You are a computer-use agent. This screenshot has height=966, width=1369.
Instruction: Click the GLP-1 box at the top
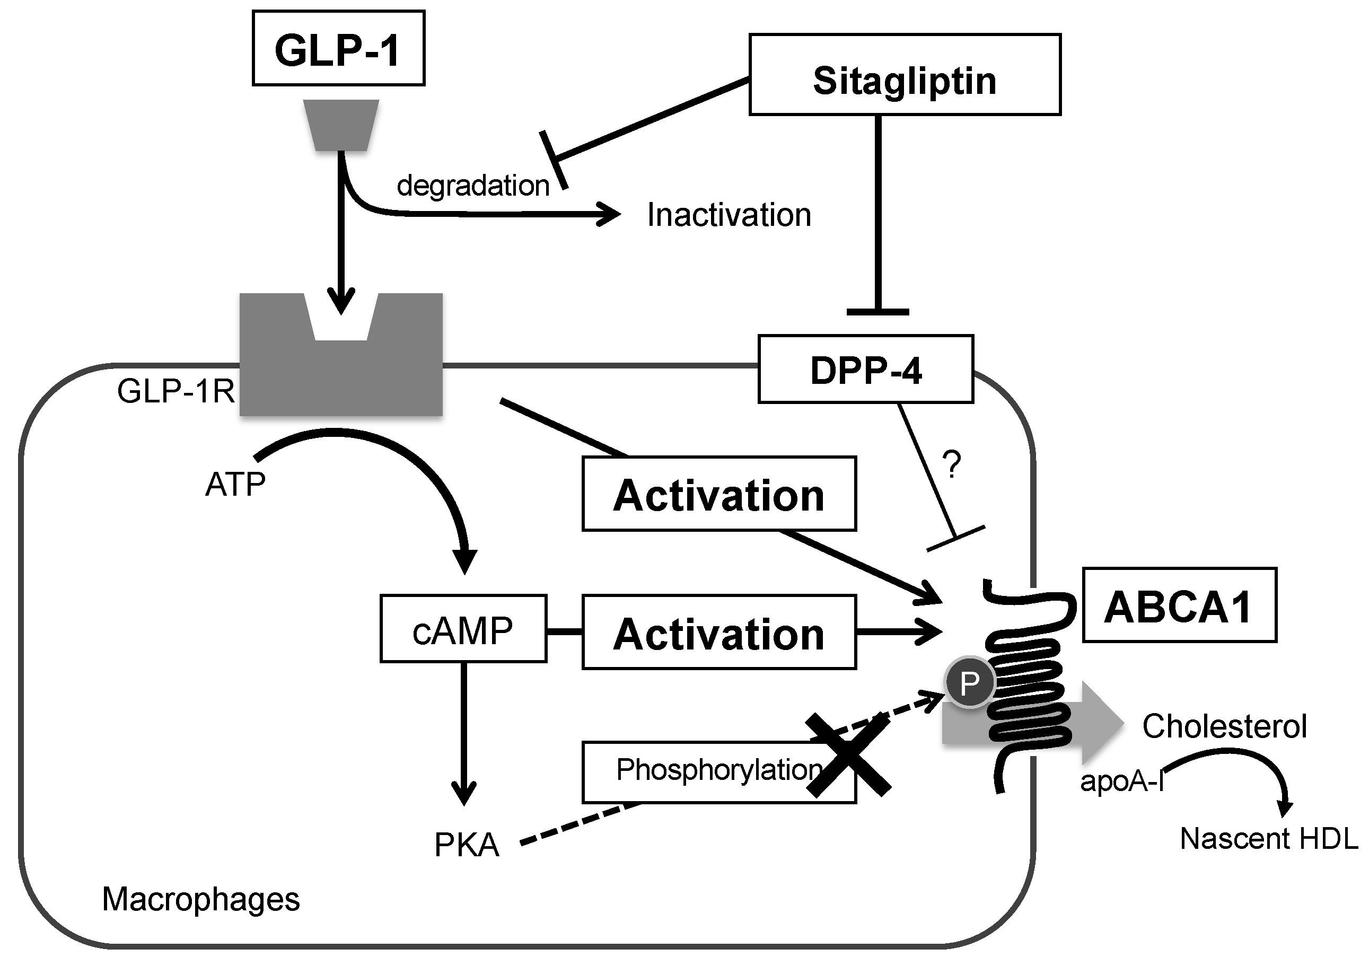pyautogui.click(x=338, y=48)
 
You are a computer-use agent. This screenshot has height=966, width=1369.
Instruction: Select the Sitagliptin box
pyautogui.click(x=904, y=75)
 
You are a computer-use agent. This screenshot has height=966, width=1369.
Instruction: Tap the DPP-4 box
pyautogui.click(x=865, y=369)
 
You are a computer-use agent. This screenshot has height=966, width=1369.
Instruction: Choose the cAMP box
pyautogui.click(x=463, y=628)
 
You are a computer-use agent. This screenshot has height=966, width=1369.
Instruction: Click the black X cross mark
pyautogui.click(x=848, y=756)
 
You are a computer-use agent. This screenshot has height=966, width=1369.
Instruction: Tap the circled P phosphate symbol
pyautogui.click(x=970, y=682)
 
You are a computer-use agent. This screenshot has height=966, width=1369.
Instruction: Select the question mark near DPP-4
pyautogui.click(x=952, y=464)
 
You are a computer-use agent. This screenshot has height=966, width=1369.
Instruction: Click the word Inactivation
pyautogui.click(x=729, y=215)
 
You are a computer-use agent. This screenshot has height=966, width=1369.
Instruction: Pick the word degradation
pyautogui.click(x=473, y=186)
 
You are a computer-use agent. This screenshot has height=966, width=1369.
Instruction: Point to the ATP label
pyautogui.click(x=235, y=484)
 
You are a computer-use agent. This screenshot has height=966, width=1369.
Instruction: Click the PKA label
pyautogui.click(x=466, y=845)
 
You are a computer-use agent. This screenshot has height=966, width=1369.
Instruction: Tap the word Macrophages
pyautogui.click(x=201, y=899)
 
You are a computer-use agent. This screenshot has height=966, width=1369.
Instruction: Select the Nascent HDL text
pyautogui.click(x=1268, y=838)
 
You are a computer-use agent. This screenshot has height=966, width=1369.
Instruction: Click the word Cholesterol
pyautogui.click(x=1224, y=726)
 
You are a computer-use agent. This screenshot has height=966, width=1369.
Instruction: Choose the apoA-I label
pyautogui.click(x=1121, y=780)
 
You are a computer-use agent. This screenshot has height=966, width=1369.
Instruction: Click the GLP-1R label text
pyautogui.click(x=176, y=392)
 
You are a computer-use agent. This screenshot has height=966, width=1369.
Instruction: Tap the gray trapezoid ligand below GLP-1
pyautogui.click(x=341, y=125)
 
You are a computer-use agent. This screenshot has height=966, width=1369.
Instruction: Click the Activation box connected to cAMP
pyautogui.click(x=719, y=631)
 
